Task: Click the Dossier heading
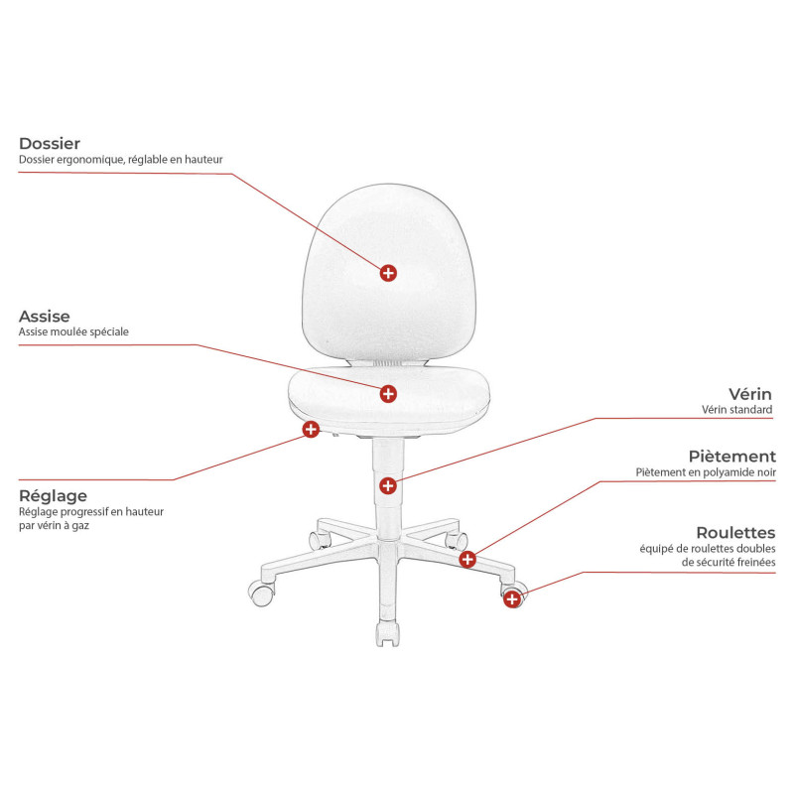click(50, 143)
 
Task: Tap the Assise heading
click(45, 316)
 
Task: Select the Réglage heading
click(54, 495)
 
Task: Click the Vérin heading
click(750, 394)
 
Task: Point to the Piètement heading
click(732, 457)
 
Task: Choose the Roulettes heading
click(735, 533)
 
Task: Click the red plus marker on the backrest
click(388, 273)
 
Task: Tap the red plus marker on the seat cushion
click(388, 393)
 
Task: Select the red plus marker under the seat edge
click(311, 429)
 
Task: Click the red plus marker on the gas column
click(388, 485)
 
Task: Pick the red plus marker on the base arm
click(467, 559)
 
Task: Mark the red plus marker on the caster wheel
click(512, 599)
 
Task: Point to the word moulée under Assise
click(62, 331)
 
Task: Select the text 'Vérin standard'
click(736, 409)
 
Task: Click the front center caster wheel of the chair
click(387, 634)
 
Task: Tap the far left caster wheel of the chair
click(261, 594)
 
